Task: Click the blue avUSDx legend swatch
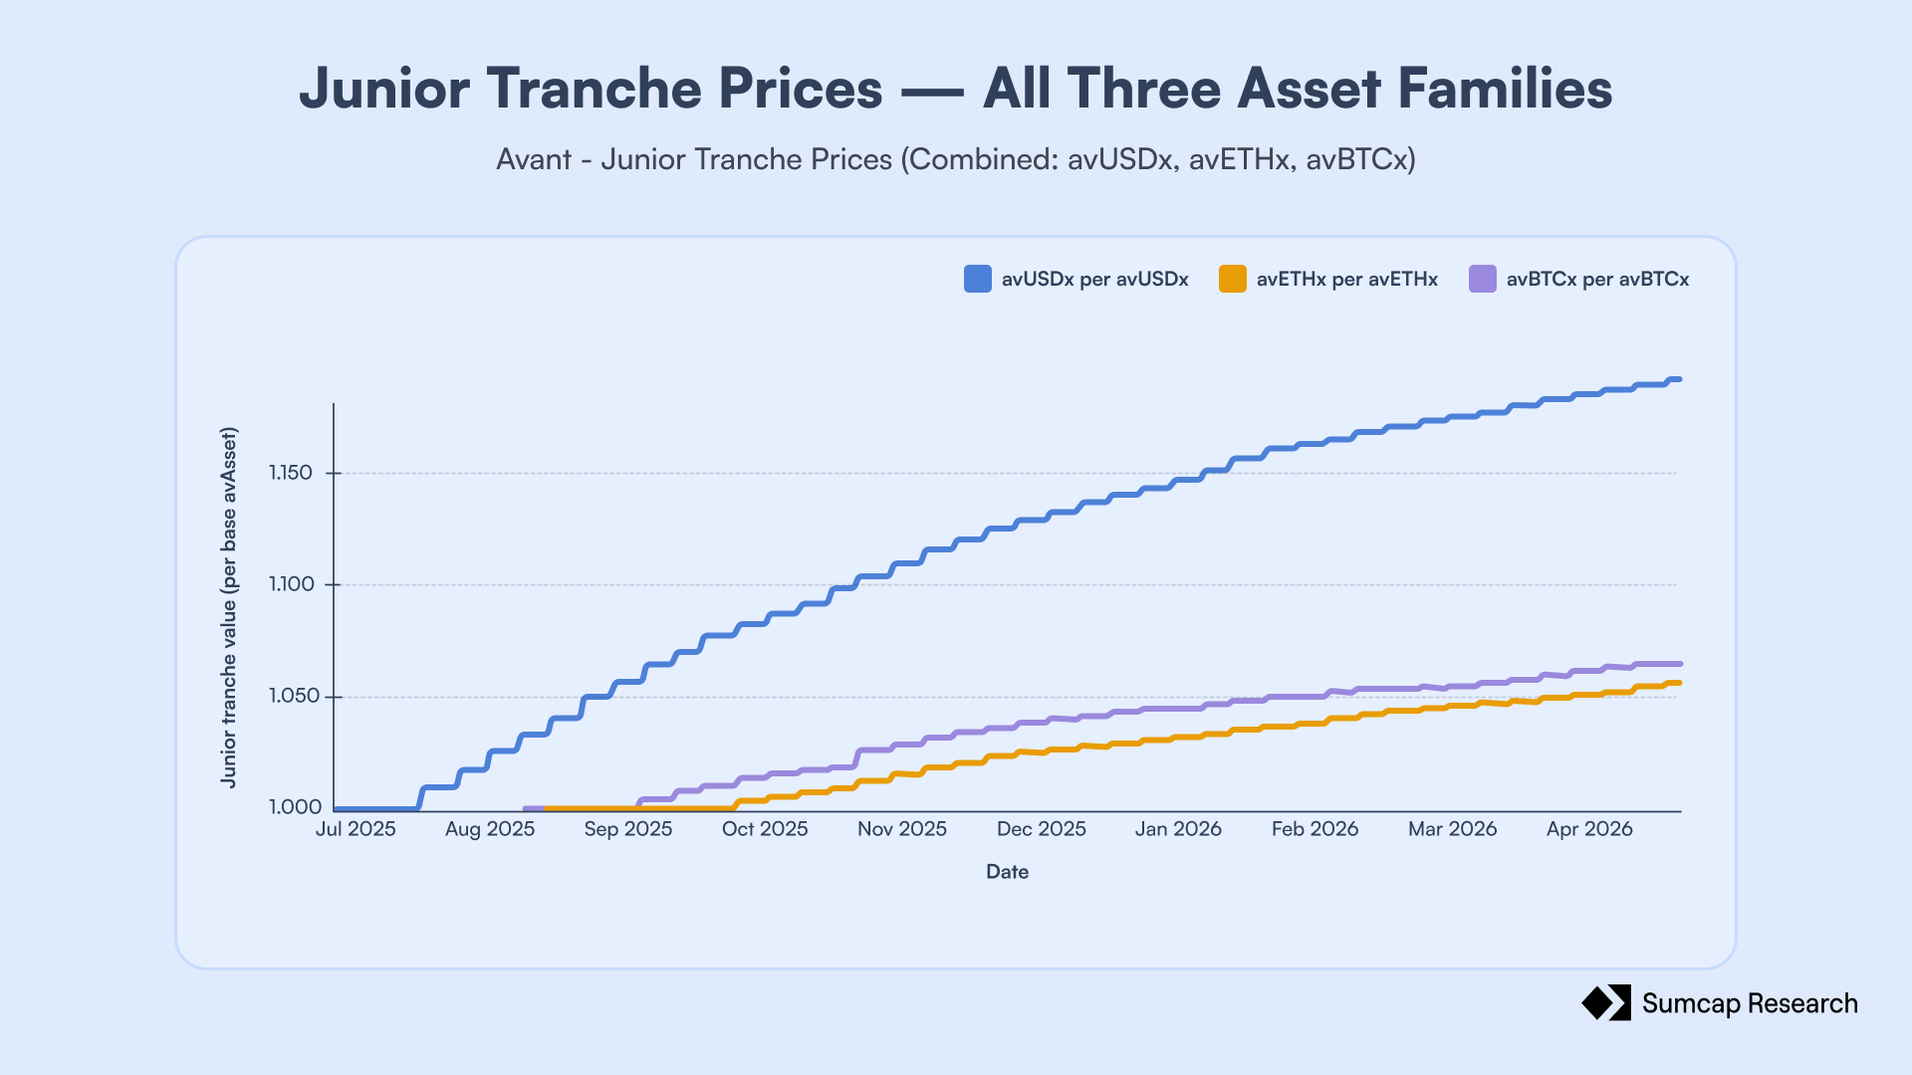click(x=978, y=279)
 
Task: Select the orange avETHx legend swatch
click(x=1233, y=279)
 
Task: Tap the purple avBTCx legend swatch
click(x=1483, y=279)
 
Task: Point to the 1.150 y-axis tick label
click(x=291, y=473)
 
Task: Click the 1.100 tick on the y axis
click(x=291, y=584)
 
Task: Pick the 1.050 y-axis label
click(x=291, y=696)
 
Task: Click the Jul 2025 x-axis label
click(x=356, y=829)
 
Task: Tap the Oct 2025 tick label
click(x=765, y=829)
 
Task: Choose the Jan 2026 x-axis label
click(x=1178, y=829)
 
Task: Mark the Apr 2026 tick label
click(x=1589, y=829)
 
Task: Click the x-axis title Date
click(x=1007, y=872)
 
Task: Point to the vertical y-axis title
click(x=229, y=608)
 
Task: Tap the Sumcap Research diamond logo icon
click(x=1606, y=1003)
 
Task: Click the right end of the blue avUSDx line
click(x=1680, y=379)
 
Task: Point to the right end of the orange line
click(x=1680, y=683)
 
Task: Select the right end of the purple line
click(x=1680, y=664)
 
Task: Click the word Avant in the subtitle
click(x=534, y=159)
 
